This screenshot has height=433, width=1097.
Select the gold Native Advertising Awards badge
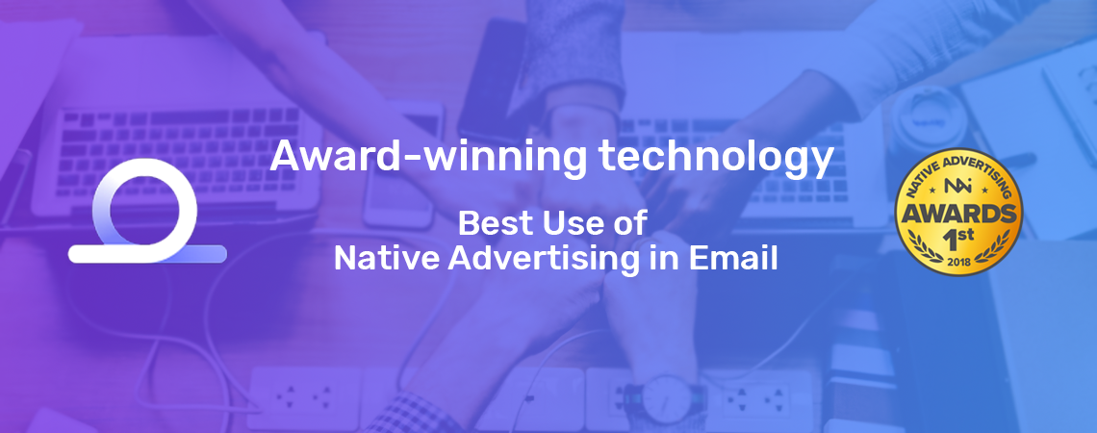tap(958, 212)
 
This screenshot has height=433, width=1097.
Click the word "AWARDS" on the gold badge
tap(958, 214)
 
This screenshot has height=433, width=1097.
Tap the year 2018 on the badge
tap(957, 262)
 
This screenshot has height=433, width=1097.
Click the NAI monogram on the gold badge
tap(957, 187)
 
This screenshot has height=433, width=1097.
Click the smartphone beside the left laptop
tap(401, 166)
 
